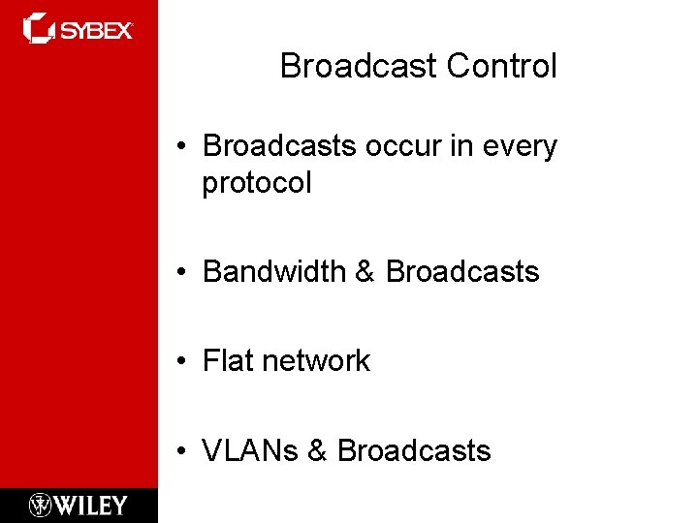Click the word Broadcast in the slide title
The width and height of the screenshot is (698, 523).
pyautogui.click(x=359, y=66)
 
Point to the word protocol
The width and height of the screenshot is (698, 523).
pyautogui.click(x=257, y=183)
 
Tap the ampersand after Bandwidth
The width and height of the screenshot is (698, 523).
pyautogui.click(x=365, y=272)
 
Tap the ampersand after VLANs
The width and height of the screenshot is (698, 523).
pyautogui.click(x=319, y=450)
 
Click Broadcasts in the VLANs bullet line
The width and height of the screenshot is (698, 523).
pyautogui.click(x=415, y=450)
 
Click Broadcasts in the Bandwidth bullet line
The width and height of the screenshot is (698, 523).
pyautogui.click(x=462, y=272)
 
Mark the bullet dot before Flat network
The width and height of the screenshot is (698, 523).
pyautogui.click(x=182, y=362)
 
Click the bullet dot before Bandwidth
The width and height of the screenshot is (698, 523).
pyautogui.click(x=182, y=273)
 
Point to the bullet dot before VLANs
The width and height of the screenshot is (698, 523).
pyautogui.click(x=182, y=451)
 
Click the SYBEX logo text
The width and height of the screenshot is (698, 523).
pyautogui.click(x=97, y=30)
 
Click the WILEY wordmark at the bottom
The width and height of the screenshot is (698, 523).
pyautogui.click(x=90, y=505)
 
